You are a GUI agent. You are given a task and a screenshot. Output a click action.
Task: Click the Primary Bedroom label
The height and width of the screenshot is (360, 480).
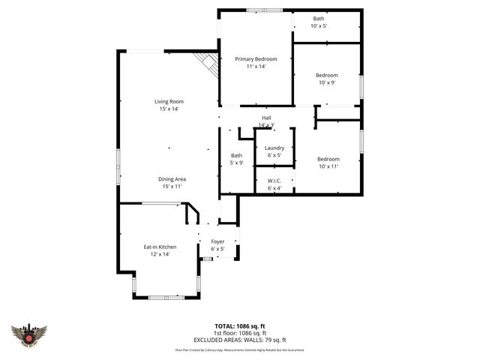pos(256,59)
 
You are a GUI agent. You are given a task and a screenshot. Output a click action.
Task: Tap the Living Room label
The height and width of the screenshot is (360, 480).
pos(169,101)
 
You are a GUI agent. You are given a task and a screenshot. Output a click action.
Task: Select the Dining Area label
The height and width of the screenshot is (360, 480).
pos(172,179)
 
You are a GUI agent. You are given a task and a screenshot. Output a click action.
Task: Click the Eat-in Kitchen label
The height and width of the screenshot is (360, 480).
pos(160,247)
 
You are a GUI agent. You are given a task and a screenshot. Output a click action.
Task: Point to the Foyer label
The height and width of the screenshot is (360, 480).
pos(217,241)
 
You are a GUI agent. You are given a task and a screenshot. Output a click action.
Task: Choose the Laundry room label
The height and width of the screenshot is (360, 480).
pos(274,148)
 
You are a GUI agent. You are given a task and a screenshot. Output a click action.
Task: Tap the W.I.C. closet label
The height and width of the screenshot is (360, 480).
pos(274,181)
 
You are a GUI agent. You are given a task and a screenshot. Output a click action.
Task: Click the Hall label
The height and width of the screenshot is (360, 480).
pos(266,118)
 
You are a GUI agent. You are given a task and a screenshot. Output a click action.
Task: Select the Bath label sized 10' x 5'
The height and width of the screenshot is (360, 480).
pos(319,19)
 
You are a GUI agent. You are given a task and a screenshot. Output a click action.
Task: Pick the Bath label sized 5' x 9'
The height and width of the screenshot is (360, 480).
pos(236,155)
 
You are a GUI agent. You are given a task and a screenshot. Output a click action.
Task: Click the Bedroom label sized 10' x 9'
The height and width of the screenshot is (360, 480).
pos(326,75)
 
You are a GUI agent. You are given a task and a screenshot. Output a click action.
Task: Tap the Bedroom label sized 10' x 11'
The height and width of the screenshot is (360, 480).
pos(328,159)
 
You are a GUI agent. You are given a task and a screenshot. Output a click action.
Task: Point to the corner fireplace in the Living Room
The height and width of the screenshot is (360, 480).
pos(208,63)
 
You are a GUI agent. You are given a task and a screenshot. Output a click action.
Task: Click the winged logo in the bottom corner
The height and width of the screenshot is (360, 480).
pos(29,334)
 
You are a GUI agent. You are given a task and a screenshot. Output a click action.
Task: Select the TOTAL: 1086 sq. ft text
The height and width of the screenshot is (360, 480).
pos(240,326)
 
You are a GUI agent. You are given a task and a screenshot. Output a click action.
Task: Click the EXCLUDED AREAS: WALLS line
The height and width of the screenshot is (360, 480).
pos(240,340)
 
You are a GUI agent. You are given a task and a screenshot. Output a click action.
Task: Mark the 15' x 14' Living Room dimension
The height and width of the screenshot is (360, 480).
pos(169,109)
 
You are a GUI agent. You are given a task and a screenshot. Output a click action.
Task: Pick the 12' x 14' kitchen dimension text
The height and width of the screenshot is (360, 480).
pos(160,254)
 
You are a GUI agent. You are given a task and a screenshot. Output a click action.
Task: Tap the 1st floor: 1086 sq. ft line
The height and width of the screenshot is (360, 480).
pos(240,333)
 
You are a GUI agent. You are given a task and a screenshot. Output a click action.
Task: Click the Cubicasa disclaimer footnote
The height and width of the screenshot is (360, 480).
pos(240,349)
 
